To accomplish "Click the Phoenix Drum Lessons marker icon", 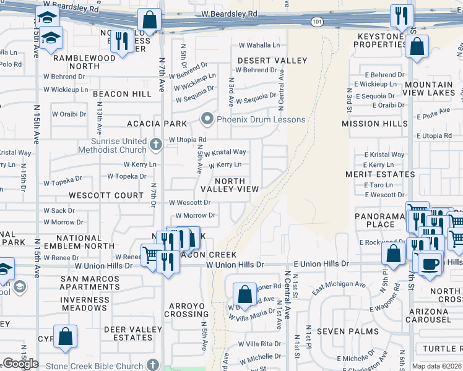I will (207, 119).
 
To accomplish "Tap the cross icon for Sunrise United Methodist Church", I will (156, 146).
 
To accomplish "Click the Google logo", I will (20, 363).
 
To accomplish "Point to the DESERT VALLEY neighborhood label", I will (272, 61).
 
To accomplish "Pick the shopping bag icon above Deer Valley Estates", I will (65, 336).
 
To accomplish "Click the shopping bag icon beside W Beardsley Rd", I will (149, 20).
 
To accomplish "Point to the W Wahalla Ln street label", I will (259, 45).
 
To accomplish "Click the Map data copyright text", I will (437, 366).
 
